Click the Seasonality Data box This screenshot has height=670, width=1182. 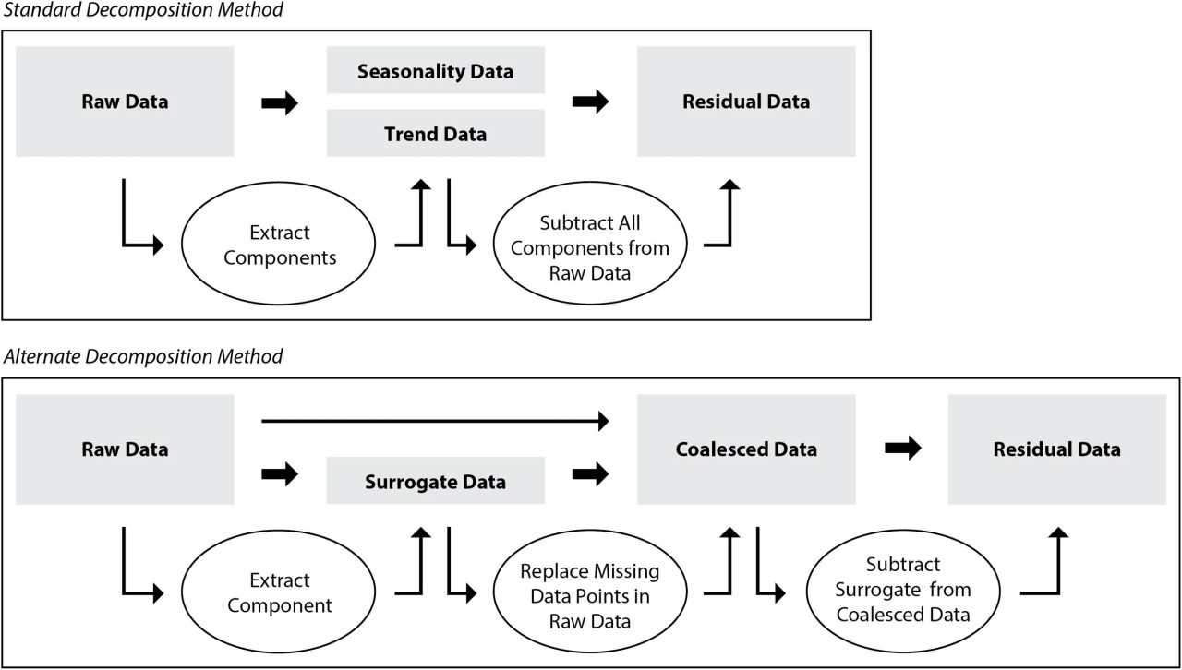pyautogui.click(x=435, y=70)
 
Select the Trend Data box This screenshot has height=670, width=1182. pyautogui.click(x=435, y=133)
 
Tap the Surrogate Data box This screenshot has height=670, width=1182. pyautogui.click(x=435, y=481)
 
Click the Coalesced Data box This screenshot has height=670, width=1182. pyautogui.click(x=746, y=449)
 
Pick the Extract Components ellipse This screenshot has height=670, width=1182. pyautogui.click(x=279, y=244)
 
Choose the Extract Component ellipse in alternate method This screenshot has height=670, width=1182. pyautogui.click(x=279, y=592)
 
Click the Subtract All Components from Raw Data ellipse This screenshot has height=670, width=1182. pyautogui.click(x=590, y=244)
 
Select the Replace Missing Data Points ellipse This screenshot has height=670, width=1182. pyautogui.click(x=590, y=592)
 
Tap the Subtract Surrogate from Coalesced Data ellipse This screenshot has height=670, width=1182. pyautogui.click(x=903, y=592)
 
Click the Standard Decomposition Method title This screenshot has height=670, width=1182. pyautogui.click(x=143, y=9)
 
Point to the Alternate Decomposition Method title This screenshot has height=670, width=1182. pyautogui.click(x=143, y=356)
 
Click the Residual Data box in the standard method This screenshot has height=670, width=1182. pyautogui.click(x=746, y=102)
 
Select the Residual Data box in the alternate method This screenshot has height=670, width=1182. pyautogui.click(x=1057, y=449)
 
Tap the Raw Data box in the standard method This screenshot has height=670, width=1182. pyautogui.click(x=125, y=102)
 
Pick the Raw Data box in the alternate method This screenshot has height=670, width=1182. pyautogui.click(x=125, y=449)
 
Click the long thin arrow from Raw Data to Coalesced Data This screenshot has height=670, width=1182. pyautogui.click(x=435, y=421)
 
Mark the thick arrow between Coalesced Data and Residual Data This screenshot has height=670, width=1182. pyautogui.click(x=903, y=449)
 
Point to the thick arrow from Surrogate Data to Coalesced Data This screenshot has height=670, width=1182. pyautogui.click(x=590, y=473)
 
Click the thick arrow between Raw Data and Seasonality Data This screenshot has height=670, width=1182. pyautogui.click(x=280, y=102)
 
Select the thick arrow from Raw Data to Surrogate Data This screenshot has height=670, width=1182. pyautogui.click(x=280, y=473)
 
